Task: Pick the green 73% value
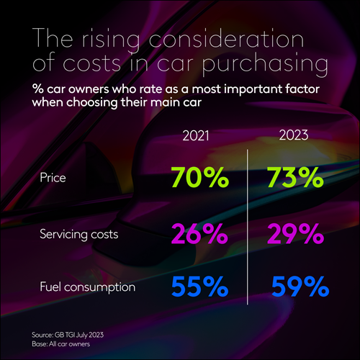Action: pyautogui.click(x=285, y=177)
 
